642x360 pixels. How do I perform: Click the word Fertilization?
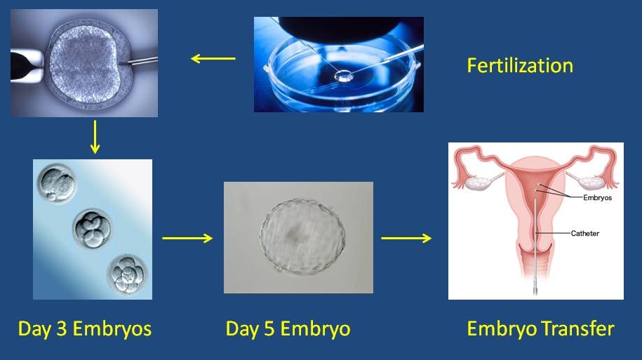pyautogui.click(x=520, y=65)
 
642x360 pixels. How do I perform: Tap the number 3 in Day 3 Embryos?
pyautogui.click(x=62, y=328)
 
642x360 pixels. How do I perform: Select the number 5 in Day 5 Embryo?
pyautogui.click(x=269, y=328)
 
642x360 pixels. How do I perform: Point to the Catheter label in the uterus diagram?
pyautogui.click(x=584, y=234)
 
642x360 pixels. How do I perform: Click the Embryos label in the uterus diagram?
pyautogui.click(x=597, y=197)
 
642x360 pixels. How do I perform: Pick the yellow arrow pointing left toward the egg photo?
pyautogui.click(x=213, y=58)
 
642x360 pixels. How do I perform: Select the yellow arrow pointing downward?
pyautogui.click(x=95, y=137)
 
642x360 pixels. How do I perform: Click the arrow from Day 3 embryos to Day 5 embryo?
pyautogui.click(x=187, y=238)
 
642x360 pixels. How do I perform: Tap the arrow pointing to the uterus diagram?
pyautogui.click(x=406, y=238)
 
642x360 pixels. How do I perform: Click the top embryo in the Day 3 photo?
pyautogui.click(x=57, y=183)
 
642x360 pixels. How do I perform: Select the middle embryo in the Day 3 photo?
pyautogui.click(x=92, y=229)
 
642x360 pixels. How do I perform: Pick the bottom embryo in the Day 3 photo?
pyautogui.click(x=127, y=274)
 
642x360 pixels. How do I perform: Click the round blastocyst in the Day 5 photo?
pyautogui.click(x=302, y=236)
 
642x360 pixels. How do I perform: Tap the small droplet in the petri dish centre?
pyautogui.click(x=343, y=76)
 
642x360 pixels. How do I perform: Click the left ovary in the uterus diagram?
pyautogui.click(x=479, y=182)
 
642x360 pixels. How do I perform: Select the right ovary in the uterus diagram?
pyautogui.click(x=592, y=182)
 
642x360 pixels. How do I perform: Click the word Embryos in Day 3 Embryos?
pyautogui.click(x=112, y=329)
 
